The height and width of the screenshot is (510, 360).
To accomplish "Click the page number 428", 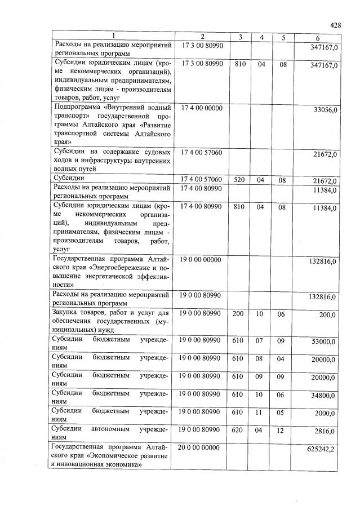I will click(336, 25).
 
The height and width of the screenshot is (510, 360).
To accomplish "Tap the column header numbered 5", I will click(283, 37).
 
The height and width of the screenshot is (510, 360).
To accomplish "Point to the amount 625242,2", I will click(323, 450).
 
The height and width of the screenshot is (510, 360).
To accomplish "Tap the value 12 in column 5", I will click(283, 429).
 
